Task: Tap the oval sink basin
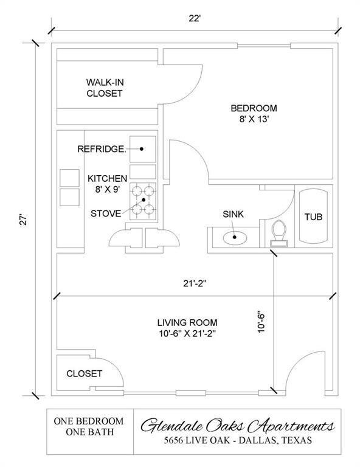pyautogui.click(x=235, y=238)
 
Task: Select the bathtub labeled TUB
pyautogui.click(x=313, y=216)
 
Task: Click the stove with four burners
pyautogui.click(x=143, y=201)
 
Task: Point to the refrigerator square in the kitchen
pyautogui.click(x=143, y=149)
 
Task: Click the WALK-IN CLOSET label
pyautogui.click(x=105, y=88)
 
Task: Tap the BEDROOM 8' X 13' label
pyautogui.click(x=254, y=114)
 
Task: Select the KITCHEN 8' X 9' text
pyautogui.click(x=107, y=184)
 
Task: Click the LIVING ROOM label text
pyautogui.click(x=187, y=322)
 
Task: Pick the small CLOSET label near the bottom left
pyautogui.click(x=85, y=373)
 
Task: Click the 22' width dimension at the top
pyautogui.click(x=195, y=18)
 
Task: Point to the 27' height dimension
pyautogui.click(x=24, y=219)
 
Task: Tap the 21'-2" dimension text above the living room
pyautogui.click(x=195, y=283)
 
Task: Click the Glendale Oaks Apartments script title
pyautogui.click(x=237, y=426)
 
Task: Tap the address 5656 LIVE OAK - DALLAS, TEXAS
pyautogui.click(x=238, y=440)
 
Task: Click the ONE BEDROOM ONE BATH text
pyautogui.click(x=89, y=426)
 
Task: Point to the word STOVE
pyautogui.click(x=106, y=213)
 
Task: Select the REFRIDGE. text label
pyautogui.click(x=102, y=149)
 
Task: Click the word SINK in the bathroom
pyautogui.click(x=233, y=214)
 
